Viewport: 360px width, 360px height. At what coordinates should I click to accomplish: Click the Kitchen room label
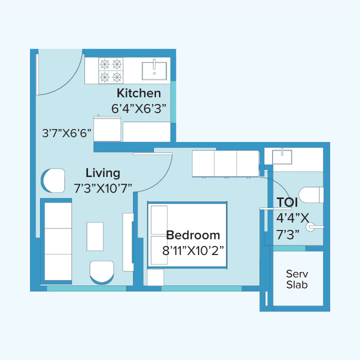pyautogui.click(x=139, y=93)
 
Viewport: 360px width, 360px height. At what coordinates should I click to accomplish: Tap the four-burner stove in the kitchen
pyautogui.click(x=111, y=70)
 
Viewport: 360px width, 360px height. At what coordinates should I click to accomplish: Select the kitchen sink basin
pyautogui.click(x=155, y=70)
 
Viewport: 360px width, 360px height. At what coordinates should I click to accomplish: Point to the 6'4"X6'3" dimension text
pyautogui.click(x=138, y=108)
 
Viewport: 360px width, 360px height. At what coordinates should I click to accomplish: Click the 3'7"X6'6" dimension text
pyautogui.click(x=67, y=133)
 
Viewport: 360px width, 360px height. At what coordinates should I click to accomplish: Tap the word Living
pyautogui.click(x=103, y=173)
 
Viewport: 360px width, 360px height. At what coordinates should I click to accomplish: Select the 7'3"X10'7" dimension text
pyautogui.click(x=103, y=187)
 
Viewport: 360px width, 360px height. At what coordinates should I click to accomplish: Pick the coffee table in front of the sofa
pyautogui.click(x=95, y=236)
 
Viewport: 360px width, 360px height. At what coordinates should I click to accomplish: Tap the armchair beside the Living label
pyautogui.click(x=53, y=180)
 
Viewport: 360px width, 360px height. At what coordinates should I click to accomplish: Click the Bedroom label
pyautogui.click(x=193, y=235)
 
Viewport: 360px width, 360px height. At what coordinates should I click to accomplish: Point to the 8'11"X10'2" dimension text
pyautogui.click(x=193, y=250)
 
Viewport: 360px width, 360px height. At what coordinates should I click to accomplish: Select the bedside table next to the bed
pyautogui.click(x=155, y=277)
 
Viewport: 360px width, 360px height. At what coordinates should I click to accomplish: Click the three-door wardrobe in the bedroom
pyautogui.click(x=225, y=163)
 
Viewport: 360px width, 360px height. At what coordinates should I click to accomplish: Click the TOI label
pyautogui.click(x=287, y=202)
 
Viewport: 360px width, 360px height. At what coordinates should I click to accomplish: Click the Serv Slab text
pyautogui.click(x=296, y=279)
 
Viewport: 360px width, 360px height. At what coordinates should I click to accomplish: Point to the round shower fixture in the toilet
pyautogui.click(x=311, y=227)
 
